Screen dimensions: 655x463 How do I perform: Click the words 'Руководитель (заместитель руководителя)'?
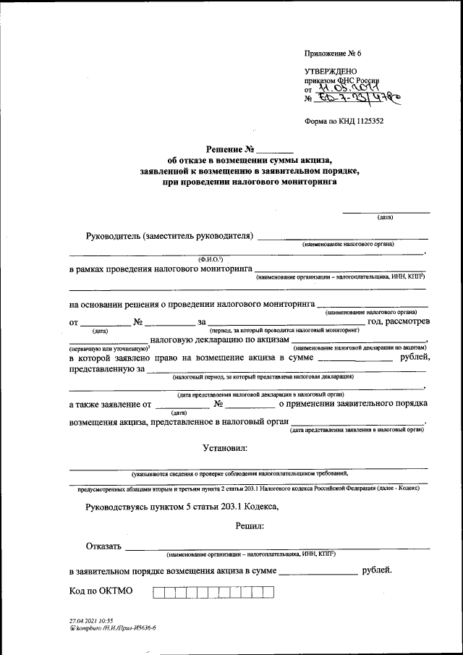tap(169, 236)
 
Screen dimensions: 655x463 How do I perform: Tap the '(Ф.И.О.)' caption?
tap(210, 258)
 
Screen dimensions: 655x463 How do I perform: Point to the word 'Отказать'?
tap(103, 546)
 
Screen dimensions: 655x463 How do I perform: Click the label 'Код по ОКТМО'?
tap(101, 591)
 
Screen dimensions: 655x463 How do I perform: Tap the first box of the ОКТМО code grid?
tap(158, 592)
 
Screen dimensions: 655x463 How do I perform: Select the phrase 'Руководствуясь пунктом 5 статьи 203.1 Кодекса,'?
tap(181, 507)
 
